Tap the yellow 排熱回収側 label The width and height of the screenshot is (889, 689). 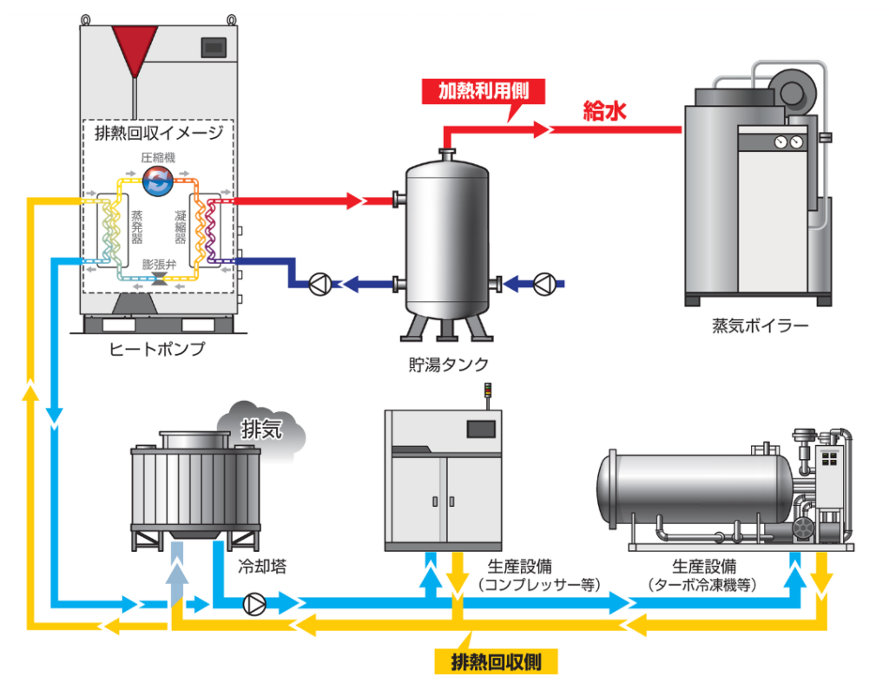pos(496,662)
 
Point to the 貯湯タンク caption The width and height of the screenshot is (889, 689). pos(451,364)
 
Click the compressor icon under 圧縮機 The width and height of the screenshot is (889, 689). pos(158,180)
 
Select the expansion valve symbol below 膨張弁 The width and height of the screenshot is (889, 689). pos(159,278)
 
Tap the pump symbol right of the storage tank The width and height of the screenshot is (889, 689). pos(544,283)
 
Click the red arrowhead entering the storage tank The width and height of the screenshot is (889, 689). pos(353,201)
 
